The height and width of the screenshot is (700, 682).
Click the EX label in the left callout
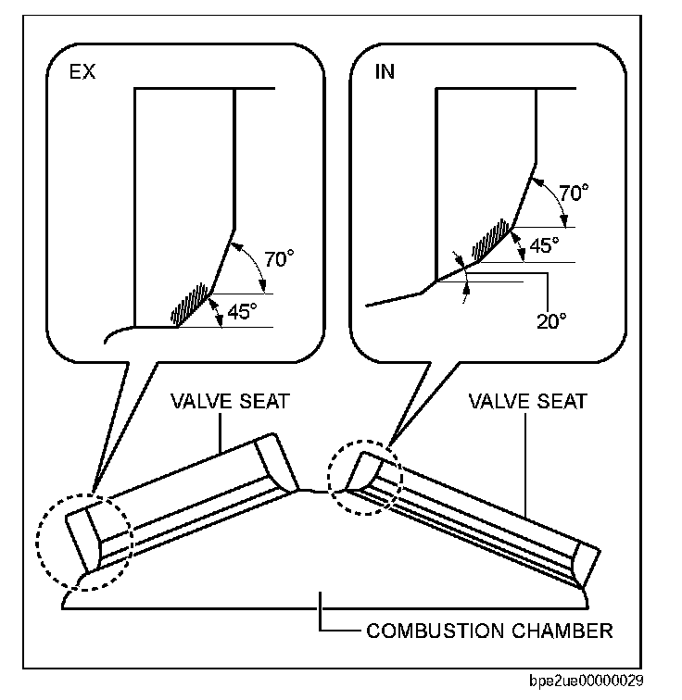[x=82, y=72]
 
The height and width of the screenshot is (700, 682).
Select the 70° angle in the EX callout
[x=277, y=259]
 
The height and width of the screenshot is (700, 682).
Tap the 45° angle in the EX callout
[x=241, y=312]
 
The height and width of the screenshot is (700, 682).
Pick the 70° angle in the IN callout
[x=573, y=194]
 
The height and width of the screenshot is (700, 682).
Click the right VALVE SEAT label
[x=527, y=402]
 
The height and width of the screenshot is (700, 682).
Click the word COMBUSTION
[x=434, y=632]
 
